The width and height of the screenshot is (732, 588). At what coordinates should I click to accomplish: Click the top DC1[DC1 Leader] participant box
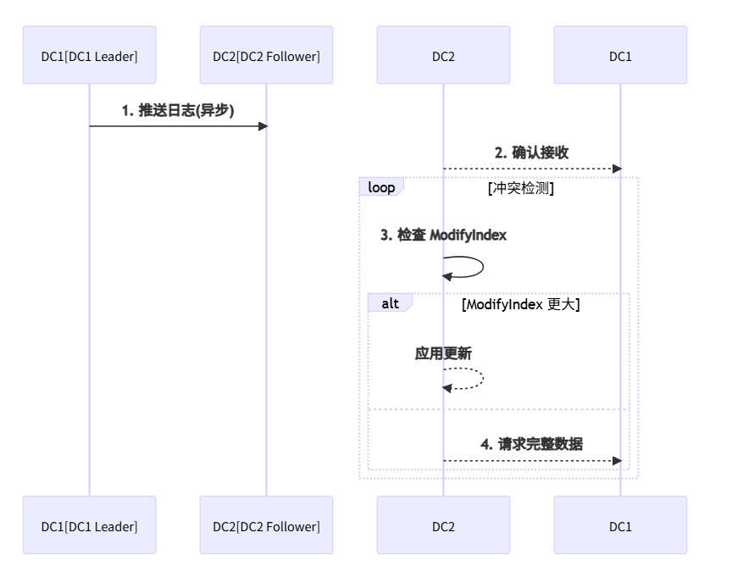pos(89,56)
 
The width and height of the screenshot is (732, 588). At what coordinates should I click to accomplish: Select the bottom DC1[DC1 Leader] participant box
pos(89,526)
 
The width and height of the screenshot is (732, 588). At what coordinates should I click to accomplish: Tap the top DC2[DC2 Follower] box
pos(266,56)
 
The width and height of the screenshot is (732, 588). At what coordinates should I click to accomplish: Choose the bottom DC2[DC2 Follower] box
pos(266,526)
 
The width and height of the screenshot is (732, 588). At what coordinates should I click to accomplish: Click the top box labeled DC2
pos(443,56)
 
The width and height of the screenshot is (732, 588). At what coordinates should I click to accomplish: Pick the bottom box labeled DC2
pos(443,526)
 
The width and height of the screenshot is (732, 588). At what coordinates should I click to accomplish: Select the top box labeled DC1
pos(620,56)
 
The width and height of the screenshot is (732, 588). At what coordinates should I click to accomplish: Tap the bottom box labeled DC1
pos(620,526)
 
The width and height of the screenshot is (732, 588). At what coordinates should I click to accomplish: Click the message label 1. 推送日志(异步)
pos(178,110)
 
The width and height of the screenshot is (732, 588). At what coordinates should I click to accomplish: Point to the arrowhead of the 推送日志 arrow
pos(263,126)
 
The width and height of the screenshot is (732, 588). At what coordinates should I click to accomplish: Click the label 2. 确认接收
pos(531,153)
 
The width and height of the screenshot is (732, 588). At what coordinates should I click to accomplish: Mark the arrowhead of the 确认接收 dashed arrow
pos(617,169)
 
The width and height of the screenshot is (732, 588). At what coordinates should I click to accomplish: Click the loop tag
pos(381,187)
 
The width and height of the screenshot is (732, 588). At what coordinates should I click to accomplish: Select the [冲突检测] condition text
pos(520,189)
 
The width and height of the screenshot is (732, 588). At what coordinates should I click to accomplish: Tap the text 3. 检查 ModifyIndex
pos(443,235)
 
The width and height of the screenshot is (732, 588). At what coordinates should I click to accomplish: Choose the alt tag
pos(390,303)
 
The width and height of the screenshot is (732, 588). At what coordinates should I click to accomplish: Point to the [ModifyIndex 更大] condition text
pos(520,304)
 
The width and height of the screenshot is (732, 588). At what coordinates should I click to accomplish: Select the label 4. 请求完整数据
pos(531,444)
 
